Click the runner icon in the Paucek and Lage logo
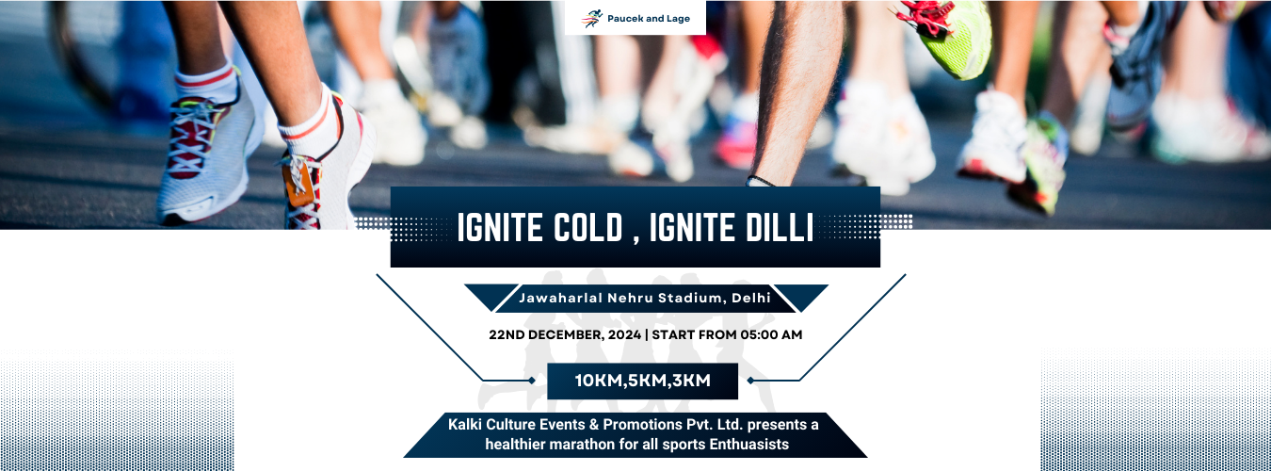coord(591,19)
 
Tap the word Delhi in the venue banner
coord(751,298)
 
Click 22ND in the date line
coord(507,334)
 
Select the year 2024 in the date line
coord(624,334)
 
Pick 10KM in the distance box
coord(599,381)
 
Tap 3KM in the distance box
coord(690,381)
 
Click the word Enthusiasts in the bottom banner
coord(749,444)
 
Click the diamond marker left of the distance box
coord(532,381)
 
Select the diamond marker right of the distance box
coord(750,381)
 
